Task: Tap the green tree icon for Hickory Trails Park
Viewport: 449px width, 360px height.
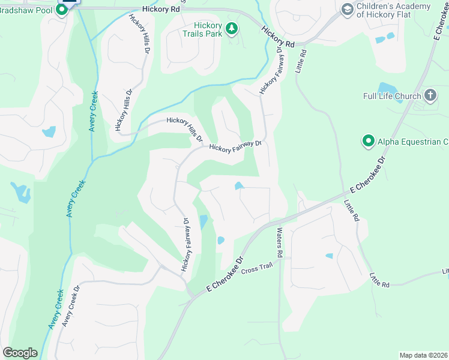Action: [231, 28]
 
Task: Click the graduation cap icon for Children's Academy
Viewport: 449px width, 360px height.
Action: [347, 9]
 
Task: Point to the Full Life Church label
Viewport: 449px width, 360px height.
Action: [392, 96]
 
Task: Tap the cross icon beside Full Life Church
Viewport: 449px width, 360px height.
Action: [430, 95]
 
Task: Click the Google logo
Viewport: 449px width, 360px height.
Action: [20, 353]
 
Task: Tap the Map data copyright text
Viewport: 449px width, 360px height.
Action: [423, 355]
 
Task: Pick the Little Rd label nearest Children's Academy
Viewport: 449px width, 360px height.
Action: [302, 61]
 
